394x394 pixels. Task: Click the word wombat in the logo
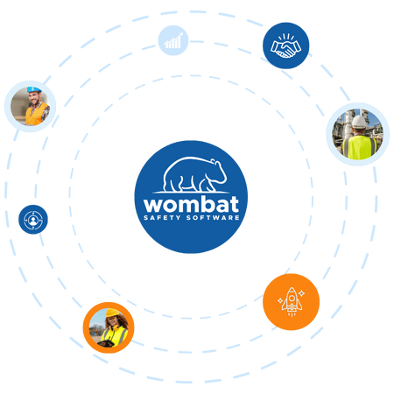[191, 204]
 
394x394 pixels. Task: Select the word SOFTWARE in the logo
[213, 218]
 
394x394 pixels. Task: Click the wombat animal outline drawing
[194, 174]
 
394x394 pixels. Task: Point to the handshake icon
[285, 46]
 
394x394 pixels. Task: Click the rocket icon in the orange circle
[292, 301]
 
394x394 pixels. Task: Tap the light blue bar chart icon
[173, 40]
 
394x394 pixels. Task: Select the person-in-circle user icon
[33, 220]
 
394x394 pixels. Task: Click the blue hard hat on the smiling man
[34, 89]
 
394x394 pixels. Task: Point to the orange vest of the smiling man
[36, 115]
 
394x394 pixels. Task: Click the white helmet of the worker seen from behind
[359, 122]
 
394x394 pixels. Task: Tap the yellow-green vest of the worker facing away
[360, 147]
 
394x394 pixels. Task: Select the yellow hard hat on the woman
[112, 313]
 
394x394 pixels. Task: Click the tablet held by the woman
[106, 343]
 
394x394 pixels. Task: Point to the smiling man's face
[36, 98]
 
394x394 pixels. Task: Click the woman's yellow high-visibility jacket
[116, 335]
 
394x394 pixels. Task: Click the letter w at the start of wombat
[152, 206]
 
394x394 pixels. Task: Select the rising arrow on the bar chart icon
[174, 39]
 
